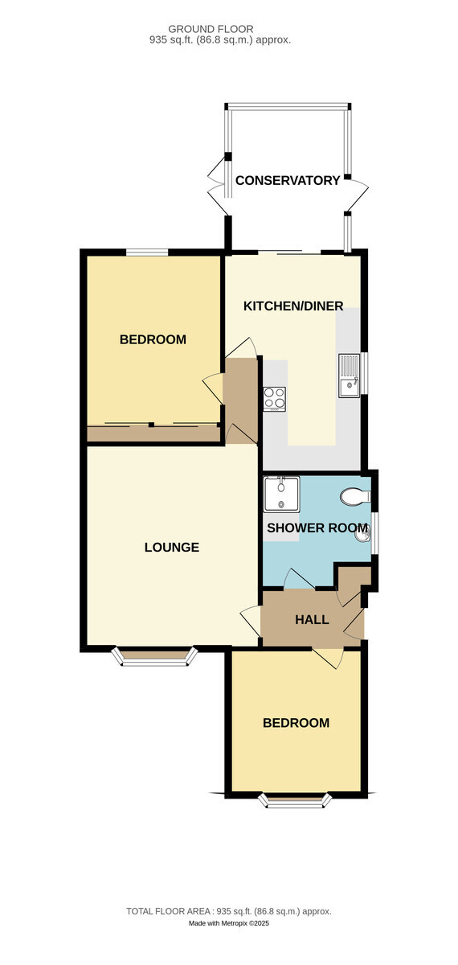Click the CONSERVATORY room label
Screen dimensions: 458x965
[x=288, y=180]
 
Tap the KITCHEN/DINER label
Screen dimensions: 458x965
[x=293, y=306]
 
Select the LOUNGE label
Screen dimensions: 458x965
[x=172, y=547]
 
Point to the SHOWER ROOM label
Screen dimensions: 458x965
[x=317, y=528]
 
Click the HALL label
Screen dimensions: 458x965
[x=312, y=619]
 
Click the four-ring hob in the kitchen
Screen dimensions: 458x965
[x=275, y=399]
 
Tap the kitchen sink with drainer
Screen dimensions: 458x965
[x=349, y=376]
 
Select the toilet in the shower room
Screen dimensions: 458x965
[x=355, y=496]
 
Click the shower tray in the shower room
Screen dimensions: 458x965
[x=281, y=494]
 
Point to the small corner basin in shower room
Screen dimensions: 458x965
[x=363, y=536]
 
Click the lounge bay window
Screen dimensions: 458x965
[x=154, y=656]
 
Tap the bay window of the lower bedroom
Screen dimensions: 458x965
[x=296, y=800]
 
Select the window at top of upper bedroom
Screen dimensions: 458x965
[x=146, y=252]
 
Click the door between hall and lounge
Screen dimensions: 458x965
[x=251, y=620]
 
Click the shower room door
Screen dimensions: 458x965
[x=300, y=578]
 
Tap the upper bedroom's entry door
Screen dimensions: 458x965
[x=213, y=388]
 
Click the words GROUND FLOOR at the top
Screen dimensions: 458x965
[x=211, y=29]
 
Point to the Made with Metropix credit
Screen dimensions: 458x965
[x=229, y=923]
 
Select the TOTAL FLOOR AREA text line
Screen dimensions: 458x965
[x=229, y=911]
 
